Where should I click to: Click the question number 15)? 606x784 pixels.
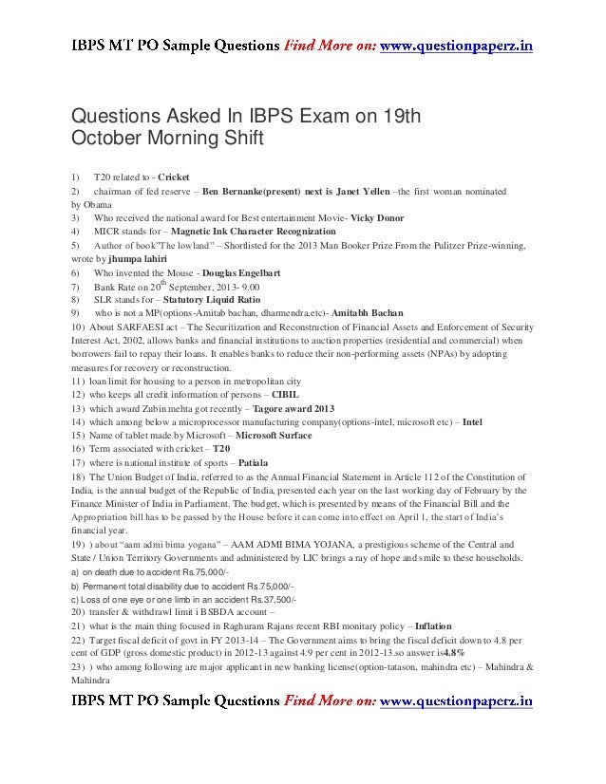click(76, 434)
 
